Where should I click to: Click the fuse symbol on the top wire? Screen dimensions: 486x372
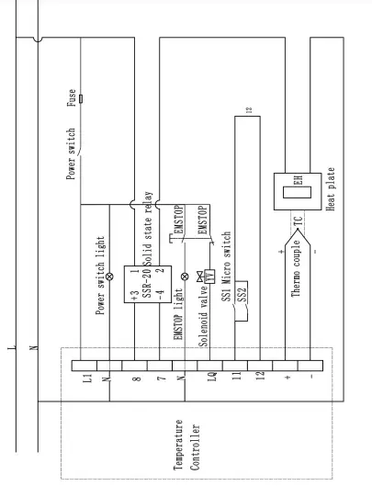pos(84,97)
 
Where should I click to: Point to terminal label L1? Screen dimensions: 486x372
pos(83,378)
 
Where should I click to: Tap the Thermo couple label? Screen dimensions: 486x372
pos(298,264)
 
